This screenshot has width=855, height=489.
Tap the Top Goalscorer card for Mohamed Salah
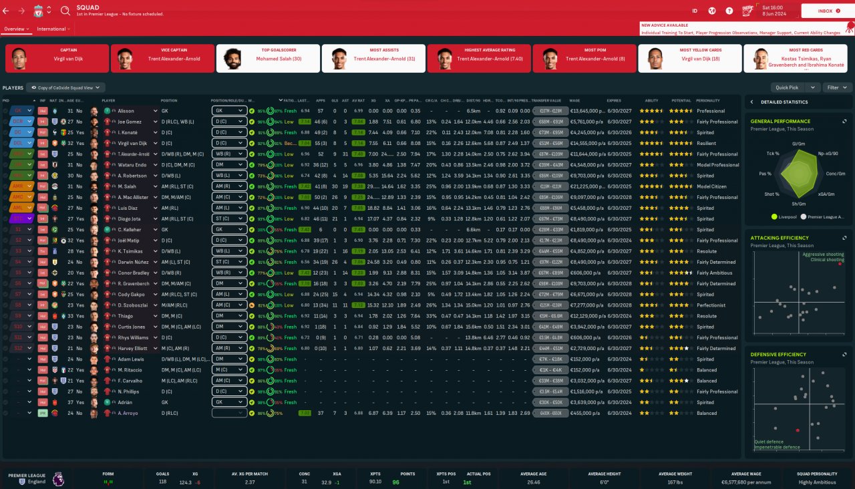tap(268, 58)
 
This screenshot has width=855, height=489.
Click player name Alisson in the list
tap(126, 111)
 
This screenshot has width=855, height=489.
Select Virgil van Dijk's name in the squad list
tap(132, 143)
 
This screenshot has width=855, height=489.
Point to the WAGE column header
tap(575, 101)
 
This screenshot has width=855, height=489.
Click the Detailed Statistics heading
tap(782, 102)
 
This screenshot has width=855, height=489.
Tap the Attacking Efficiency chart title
tap(779, 238)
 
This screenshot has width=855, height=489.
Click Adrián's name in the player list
tap(126, 402)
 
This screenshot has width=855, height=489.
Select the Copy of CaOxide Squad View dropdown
tap(69, 88)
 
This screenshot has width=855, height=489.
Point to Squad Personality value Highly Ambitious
tap(816, 482)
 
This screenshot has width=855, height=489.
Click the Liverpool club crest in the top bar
tap(39, 11)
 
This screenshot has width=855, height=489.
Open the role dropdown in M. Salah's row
tap(229, 186)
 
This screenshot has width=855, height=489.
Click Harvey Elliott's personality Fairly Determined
tap(716, 348)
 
